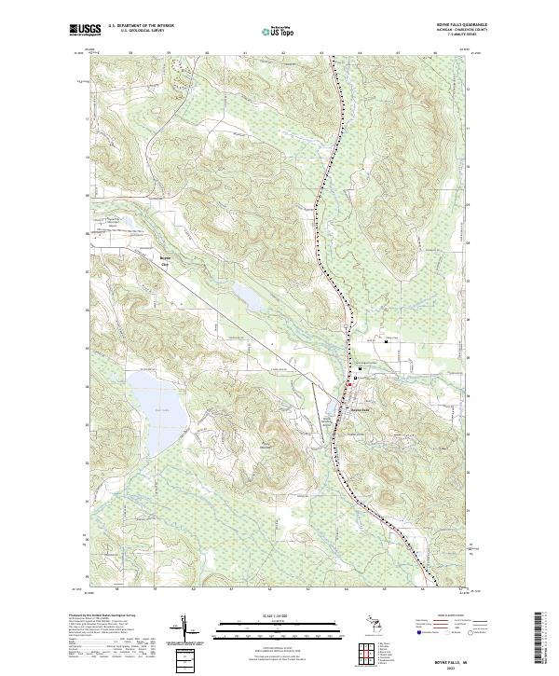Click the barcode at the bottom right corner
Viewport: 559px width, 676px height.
(545, 639)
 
